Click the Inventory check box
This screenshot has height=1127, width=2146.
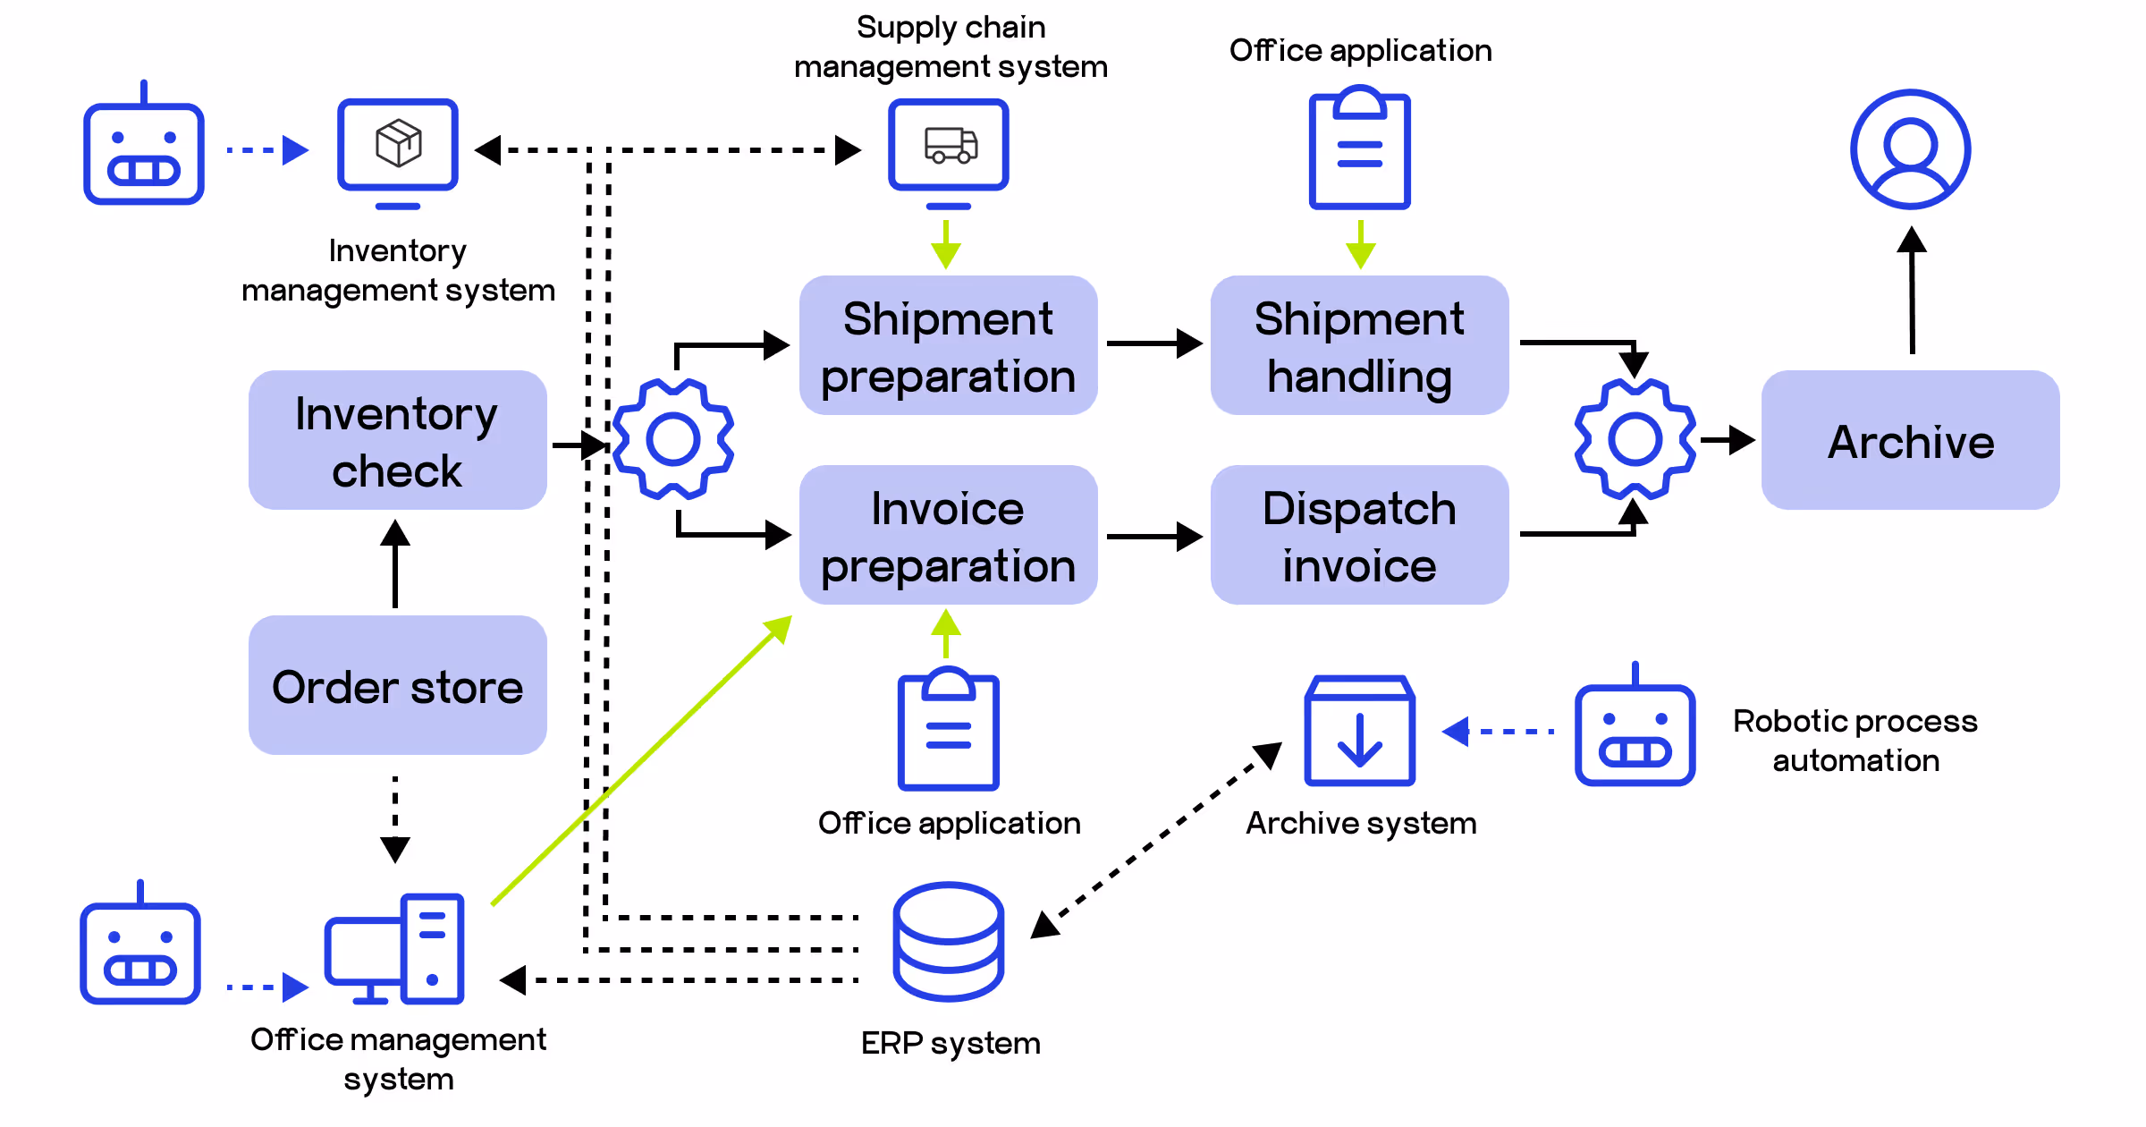click(397, 440)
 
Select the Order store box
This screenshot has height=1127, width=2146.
click(397, 685)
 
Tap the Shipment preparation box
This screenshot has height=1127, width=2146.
click(948, 345)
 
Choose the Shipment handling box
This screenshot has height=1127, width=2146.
click(1359, 345)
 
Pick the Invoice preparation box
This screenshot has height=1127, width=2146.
click(948, 535)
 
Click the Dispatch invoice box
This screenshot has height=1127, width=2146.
click(1359, 535)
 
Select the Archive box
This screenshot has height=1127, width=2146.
click(1910, 440)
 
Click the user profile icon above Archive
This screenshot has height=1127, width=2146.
click(1910, 149)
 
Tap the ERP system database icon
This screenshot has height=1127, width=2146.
click(948, 941)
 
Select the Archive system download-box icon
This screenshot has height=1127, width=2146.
click(1359, 732)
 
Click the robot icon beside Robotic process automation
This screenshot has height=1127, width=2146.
click(1635, 729)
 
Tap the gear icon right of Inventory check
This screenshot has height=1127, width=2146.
click(673, 439)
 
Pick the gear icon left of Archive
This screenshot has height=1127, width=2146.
click(1635, 439)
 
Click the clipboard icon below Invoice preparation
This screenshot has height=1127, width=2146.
click(948, 730)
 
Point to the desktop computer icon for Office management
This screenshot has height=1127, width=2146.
click(395, 948)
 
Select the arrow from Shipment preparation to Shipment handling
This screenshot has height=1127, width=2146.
click(1153, 343)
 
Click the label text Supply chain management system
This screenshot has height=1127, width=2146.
click(950, 47)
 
